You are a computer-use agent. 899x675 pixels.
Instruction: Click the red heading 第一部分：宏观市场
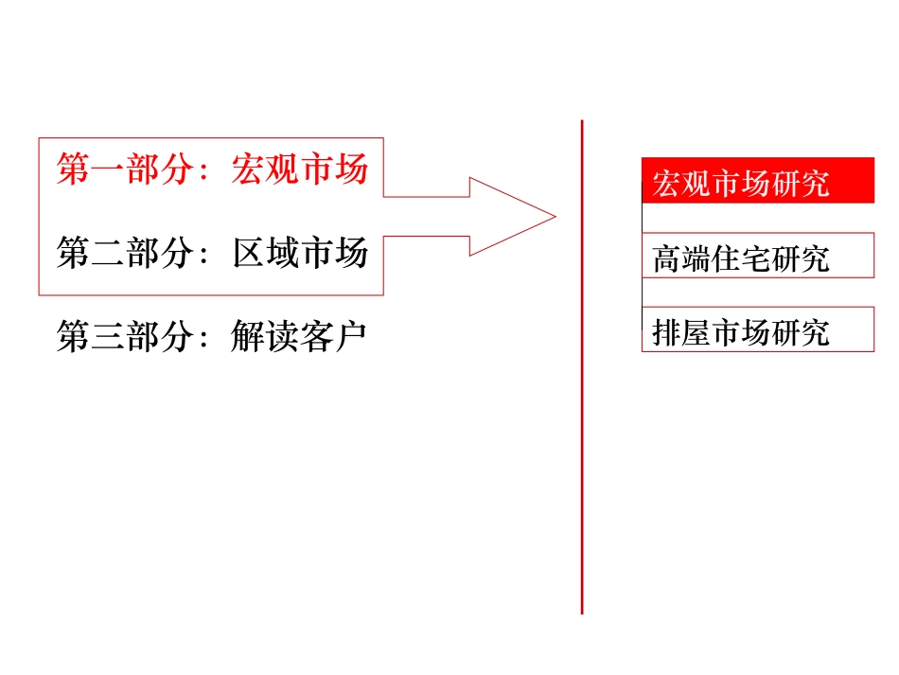coord(212,171)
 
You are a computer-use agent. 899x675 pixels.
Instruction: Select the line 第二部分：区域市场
coord(212,255)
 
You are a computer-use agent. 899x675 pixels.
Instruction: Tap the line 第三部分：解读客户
coord(212,337)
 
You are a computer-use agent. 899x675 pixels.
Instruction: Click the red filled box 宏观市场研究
coord(757,181)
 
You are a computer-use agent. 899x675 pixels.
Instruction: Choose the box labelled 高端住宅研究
coord(757,256)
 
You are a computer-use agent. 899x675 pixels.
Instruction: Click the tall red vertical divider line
coord(582,379)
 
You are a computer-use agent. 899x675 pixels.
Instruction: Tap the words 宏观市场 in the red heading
coord(299,171)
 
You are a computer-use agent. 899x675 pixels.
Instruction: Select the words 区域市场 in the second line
coord(299,255)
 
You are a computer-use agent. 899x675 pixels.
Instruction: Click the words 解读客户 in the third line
coord(299,337)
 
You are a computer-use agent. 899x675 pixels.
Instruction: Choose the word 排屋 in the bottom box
coord(681,332)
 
